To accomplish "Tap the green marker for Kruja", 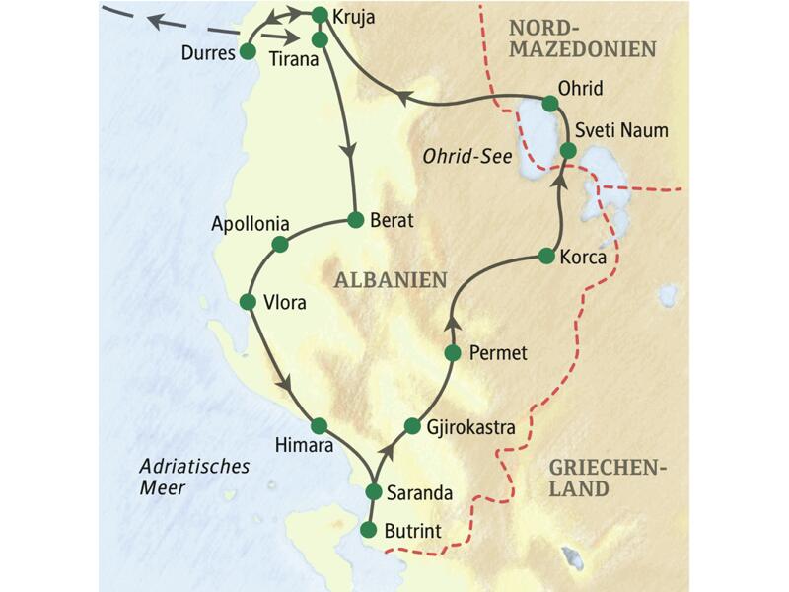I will point(319,16).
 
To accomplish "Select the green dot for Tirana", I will point(319,39).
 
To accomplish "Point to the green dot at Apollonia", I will point(279,243).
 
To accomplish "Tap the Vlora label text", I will point(285,303).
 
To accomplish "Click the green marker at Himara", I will point(318,426).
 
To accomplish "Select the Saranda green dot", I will point(373,491).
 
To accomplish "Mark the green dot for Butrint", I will point(369,530).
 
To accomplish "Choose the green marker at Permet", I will point(453,352).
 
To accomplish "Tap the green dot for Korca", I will point(548,257).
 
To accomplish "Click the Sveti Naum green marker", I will point(568,150).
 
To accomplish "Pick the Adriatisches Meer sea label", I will point(180,477).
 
